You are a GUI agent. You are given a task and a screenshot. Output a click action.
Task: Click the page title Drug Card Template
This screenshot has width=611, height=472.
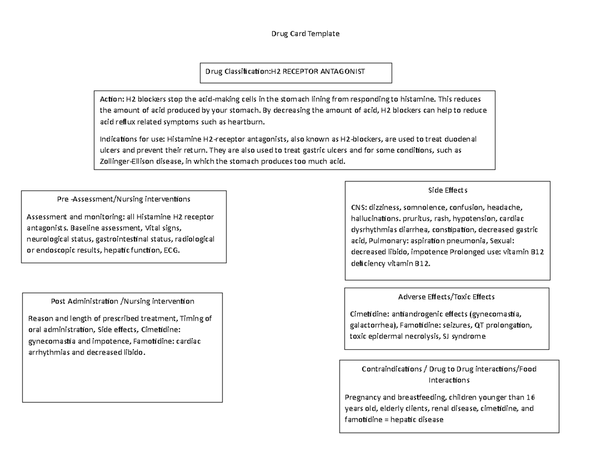tap(304, 34)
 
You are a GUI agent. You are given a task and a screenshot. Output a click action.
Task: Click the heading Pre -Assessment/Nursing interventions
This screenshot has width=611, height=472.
tap(124, 198)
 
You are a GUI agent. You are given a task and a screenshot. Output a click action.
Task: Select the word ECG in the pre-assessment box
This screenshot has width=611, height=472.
tap(173, 251)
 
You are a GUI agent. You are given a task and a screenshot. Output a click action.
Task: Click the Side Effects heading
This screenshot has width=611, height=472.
tap(448, 190)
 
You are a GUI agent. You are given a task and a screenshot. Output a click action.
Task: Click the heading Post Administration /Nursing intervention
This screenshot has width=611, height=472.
tap(122, 301)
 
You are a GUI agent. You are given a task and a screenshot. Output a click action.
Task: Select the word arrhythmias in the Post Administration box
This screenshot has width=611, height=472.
tap(48, 352)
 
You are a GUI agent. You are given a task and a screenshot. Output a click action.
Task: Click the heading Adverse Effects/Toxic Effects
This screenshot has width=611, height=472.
tap(447, 296)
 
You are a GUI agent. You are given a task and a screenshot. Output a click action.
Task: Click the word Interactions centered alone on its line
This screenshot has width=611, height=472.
tap(449, 380)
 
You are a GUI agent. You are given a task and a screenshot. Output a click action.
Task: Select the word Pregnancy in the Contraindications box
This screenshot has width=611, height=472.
tap(363, 397)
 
